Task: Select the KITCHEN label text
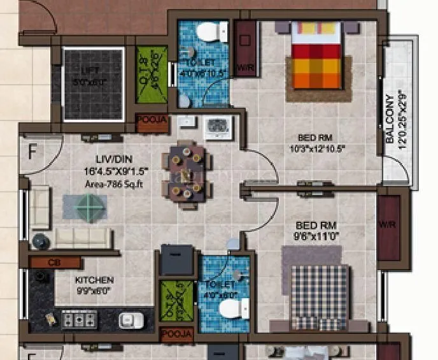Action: [94, 280]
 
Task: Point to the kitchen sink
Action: [130, 319]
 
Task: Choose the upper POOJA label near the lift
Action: [152, 120]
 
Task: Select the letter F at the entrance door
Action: [32, 152]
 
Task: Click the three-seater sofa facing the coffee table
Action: [82, 237]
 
